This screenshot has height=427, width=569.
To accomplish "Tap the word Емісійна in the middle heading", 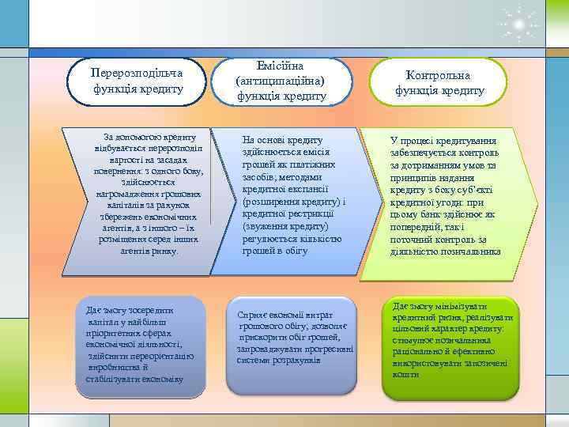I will tap(281, 65).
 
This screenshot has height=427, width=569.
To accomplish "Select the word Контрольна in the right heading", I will tap(439, 75).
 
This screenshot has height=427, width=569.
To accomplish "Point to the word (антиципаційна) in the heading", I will tap(281, 81).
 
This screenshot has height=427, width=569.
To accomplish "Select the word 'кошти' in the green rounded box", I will tap(405, 374).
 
